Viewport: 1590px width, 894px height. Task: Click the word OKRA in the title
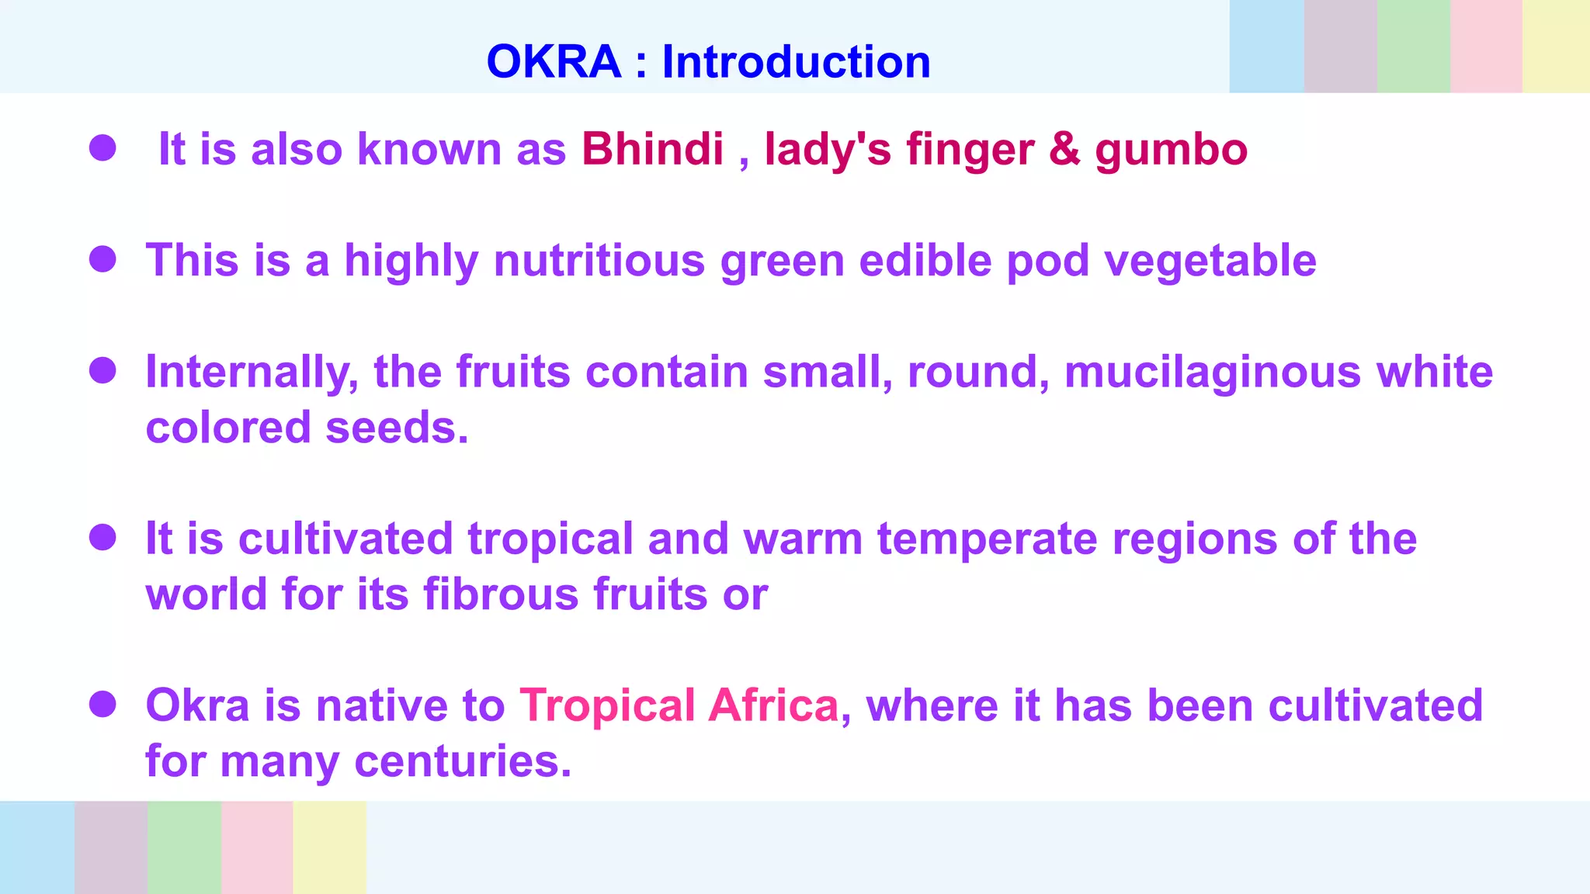[554, 62]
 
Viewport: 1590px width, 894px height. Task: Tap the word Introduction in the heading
[796, 62]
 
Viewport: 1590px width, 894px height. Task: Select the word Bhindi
[652, 148]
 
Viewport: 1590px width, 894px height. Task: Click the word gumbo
[1171, 150]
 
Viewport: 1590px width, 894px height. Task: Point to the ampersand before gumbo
[1064, 148]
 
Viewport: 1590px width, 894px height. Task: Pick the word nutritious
[599, 260]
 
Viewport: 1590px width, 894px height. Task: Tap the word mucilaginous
[1213, 372]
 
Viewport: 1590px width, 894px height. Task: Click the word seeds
[397, 428]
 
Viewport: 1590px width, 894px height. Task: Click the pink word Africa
[774, 705]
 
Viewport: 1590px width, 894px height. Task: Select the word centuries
[463, 761]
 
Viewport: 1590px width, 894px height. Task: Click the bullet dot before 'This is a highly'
[102, 259]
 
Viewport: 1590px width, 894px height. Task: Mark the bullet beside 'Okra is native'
[102, 705]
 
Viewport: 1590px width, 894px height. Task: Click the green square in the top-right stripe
[1413, 47]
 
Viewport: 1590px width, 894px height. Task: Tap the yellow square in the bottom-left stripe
[329, 847]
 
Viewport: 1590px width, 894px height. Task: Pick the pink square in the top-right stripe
[1486, 47]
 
